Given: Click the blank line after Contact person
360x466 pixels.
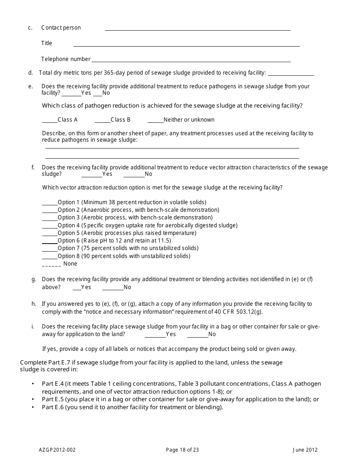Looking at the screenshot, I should coord(197,29).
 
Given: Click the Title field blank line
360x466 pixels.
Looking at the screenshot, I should coord(186,45).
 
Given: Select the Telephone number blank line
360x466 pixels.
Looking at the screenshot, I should coord(191,60).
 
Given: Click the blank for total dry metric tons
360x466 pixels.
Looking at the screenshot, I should coord(291,74).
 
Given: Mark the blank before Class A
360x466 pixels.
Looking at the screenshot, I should coord(50,121).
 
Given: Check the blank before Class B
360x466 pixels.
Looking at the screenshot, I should coord(102,121).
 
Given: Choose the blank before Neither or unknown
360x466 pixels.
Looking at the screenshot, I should coord(155,121).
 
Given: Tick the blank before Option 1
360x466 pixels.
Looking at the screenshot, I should coord(50,203).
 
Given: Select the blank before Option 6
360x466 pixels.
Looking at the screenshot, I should coord(50,242).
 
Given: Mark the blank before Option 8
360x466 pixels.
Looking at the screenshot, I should coord(50,257).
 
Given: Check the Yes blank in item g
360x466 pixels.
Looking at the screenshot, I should coord(77,288).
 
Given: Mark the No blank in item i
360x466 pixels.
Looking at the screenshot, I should coord(197,335).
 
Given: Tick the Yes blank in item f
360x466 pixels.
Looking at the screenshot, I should coord(92,175).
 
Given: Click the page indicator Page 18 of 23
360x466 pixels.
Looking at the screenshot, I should coord(182,450).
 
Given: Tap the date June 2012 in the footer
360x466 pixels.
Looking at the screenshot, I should coord(305,450).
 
